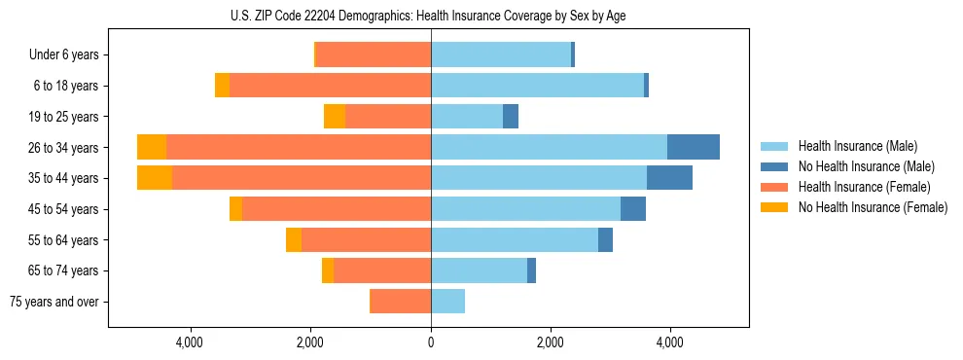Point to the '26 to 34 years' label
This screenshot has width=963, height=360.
[64, 147]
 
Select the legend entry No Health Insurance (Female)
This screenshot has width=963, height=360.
[872, 207]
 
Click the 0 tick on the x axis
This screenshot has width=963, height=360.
[431, 342]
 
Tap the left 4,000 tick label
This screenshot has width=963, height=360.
[190, 342]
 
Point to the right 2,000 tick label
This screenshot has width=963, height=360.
[551, 342]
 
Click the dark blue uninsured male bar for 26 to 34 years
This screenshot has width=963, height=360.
[694, 147]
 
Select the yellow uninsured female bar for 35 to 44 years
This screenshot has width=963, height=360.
[155, 178]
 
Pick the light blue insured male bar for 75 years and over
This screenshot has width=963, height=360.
[447, 302]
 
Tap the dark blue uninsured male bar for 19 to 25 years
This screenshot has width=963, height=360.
[511, 117]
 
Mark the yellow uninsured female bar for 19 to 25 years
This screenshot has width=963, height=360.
[335, 117]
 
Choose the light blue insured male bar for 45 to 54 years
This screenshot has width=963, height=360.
[525, 209]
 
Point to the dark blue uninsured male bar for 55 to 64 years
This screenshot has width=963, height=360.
[605, 240]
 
